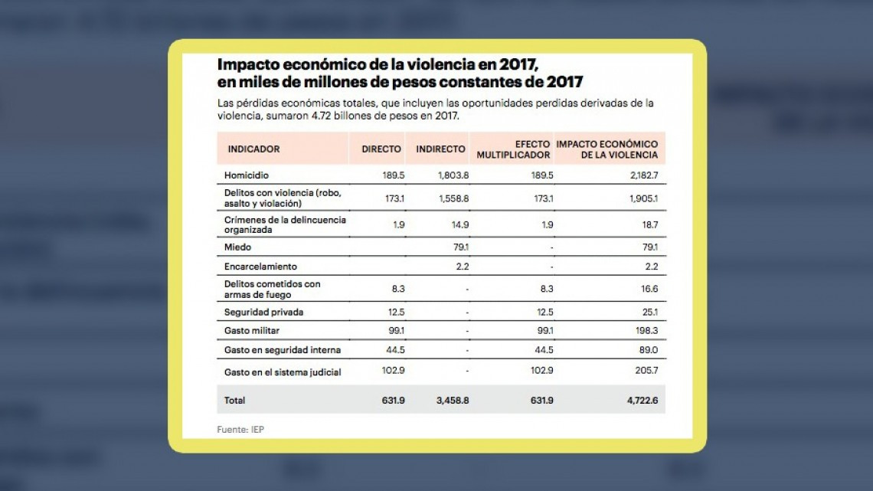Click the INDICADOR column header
pos(253,149)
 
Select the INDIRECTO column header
pos(440,149)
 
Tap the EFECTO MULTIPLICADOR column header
pos(513,149)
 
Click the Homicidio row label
pos(246,175)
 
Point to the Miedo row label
pos(237,247)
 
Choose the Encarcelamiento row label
pos(260,267)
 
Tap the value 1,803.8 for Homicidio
pos(453,175)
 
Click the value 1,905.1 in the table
pos(642,199)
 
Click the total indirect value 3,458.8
pos(453,400)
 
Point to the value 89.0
pos(647,350)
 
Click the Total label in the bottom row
pos(234,400)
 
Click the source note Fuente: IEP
pos(240,430)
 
